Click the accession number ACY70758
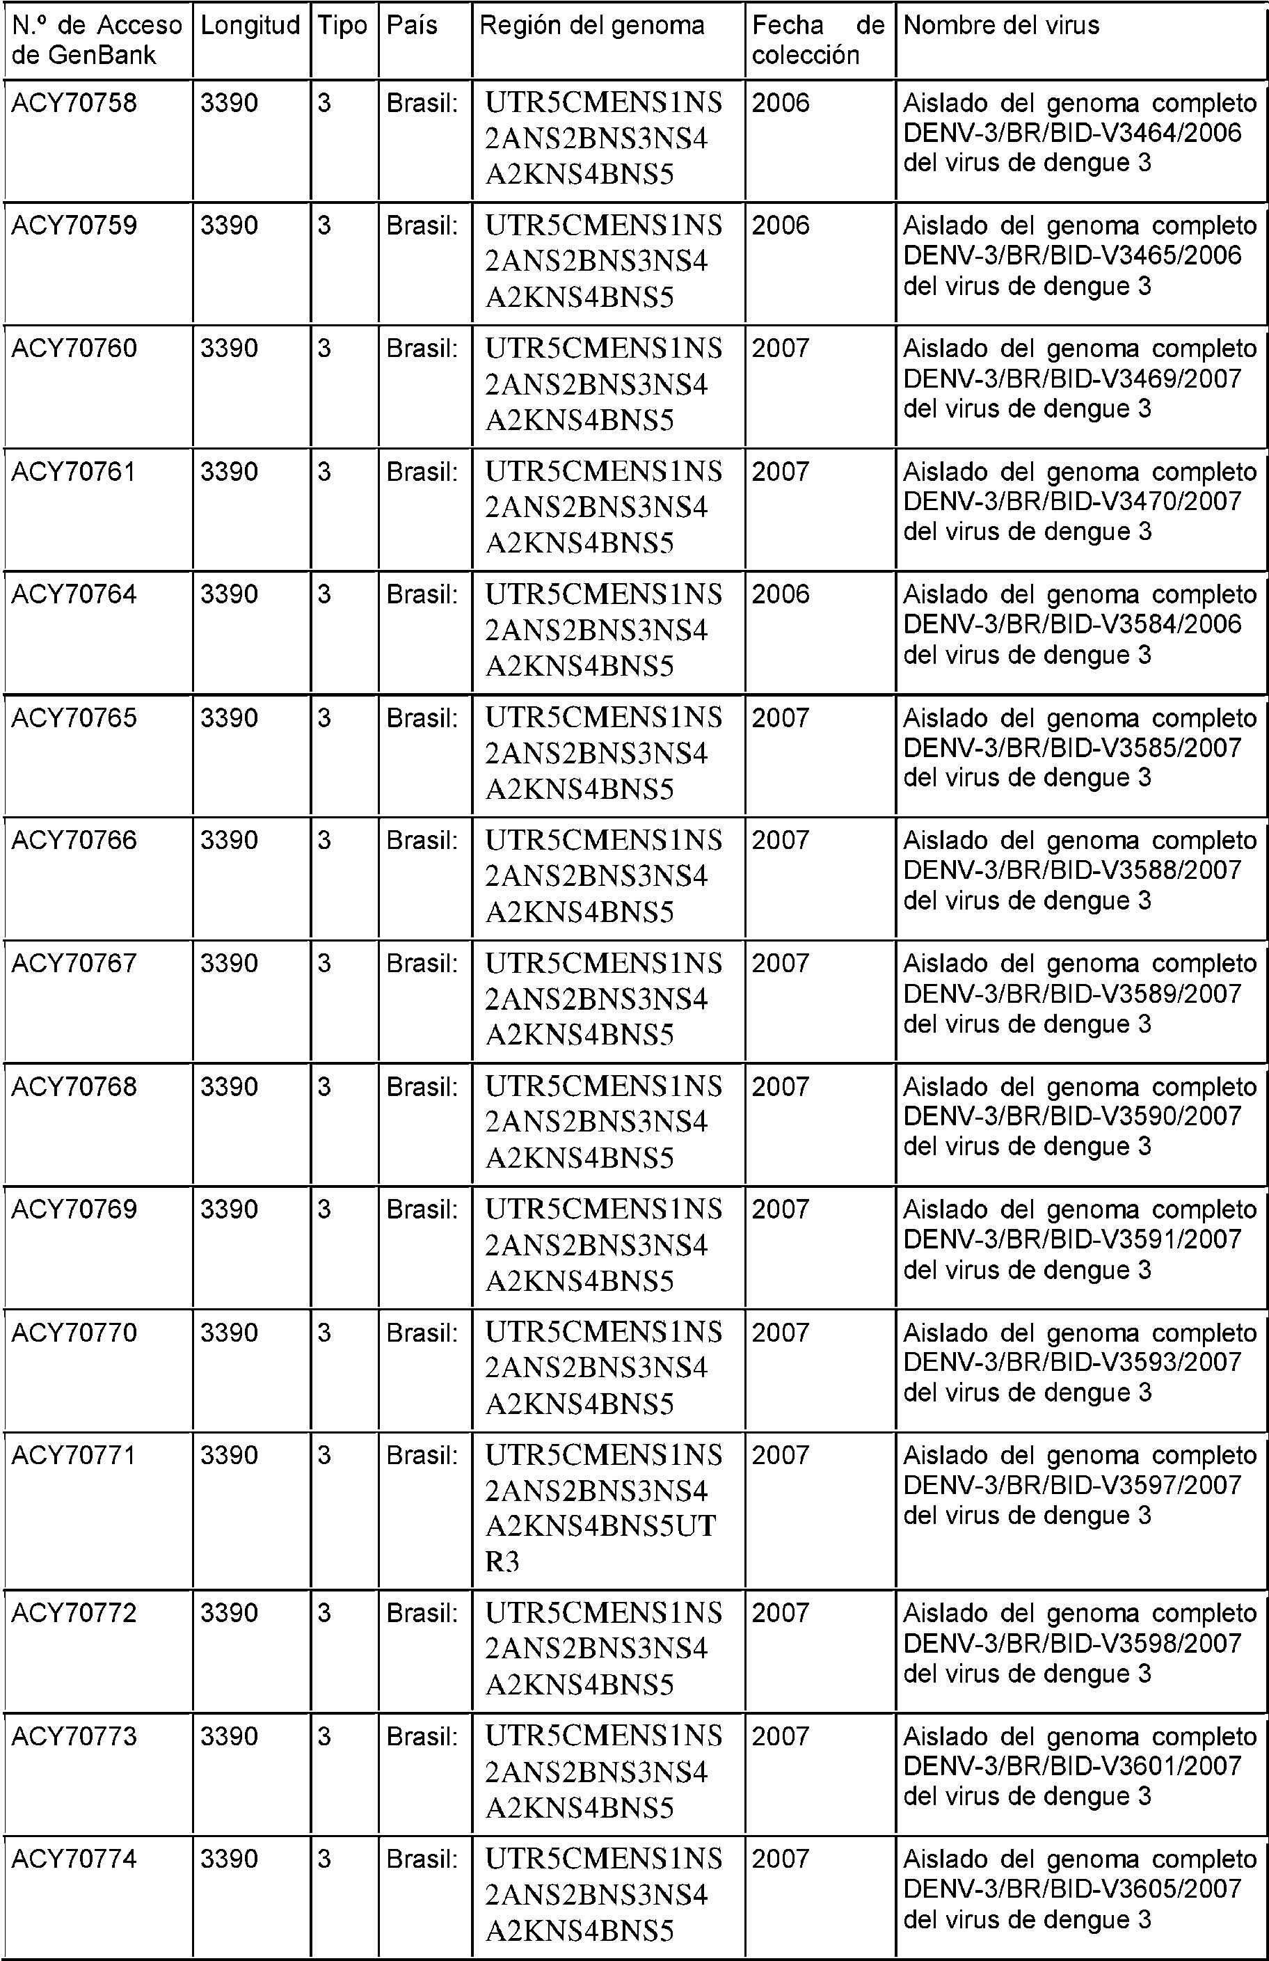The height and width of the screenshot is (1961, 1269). click(74, 103)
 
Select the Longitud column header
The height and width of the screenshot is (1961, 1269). click(250, 26)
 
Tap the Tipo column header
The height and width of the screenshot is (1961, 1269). click(343, 26)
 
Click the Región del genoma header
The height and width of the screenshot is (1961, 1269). click(591, 26)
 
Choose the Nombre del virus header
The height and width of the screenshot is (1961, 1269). click(1001, 26)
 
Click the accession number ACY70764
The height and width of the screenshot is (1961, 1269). click(74, 594)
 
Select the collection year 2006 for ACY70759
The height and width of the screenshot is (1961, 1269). click(781, 225)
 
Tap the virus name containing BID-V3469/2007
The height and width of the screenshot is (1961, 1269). click(1080, 378)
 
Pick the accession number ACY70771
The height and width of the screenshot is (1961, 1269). click(74, 1455)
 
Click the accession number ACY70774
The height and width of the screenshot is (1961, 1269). click(74, 1859)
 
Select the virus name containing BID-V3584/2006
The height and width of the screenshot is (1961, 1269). click(1080, 624)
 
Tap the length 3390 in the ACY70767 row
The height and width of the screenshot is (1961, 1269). click(229, 963)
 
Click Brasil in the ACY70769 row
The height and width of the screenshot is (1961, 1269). click(422, 1209)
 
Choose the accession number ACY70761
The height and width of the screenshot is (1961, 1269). click(74, 471)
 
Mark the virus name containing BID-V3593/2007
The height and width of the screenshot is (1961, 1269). click(1080, 1362)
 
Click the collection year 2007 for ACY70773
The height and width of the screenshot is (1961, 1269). click(781, 1736)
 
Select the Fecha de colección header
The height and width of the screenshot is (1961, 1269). click(817, 40)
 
